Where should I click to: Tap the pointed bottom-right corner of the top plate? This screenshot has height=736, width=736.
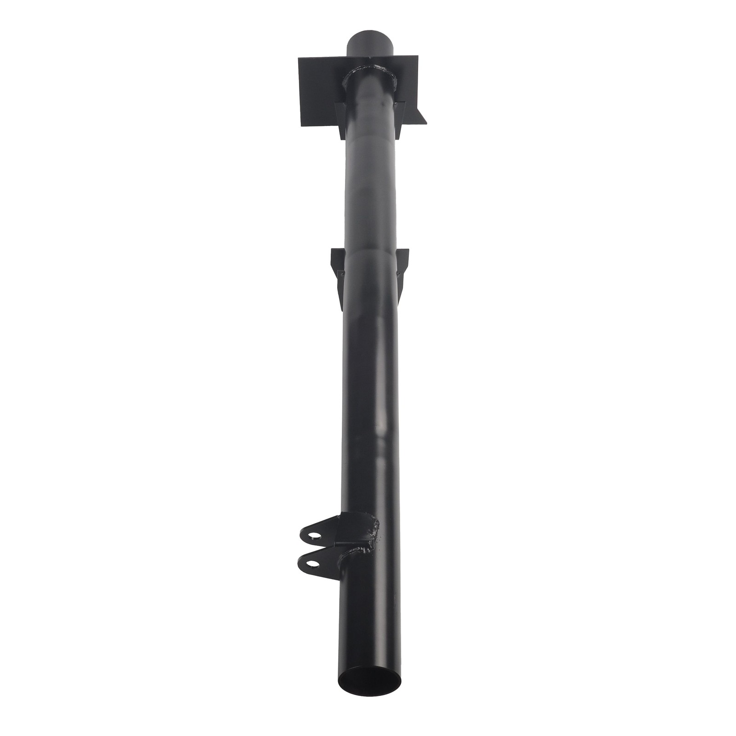pyautogui.click(x=426, y=123)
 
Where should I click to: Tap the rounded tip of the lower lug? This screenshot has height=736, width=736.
pyautogui.click(x=300, y=562)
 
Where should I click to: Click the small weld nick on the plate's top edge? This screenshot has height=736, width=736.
pyautogui.click(x=369, y=58)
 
